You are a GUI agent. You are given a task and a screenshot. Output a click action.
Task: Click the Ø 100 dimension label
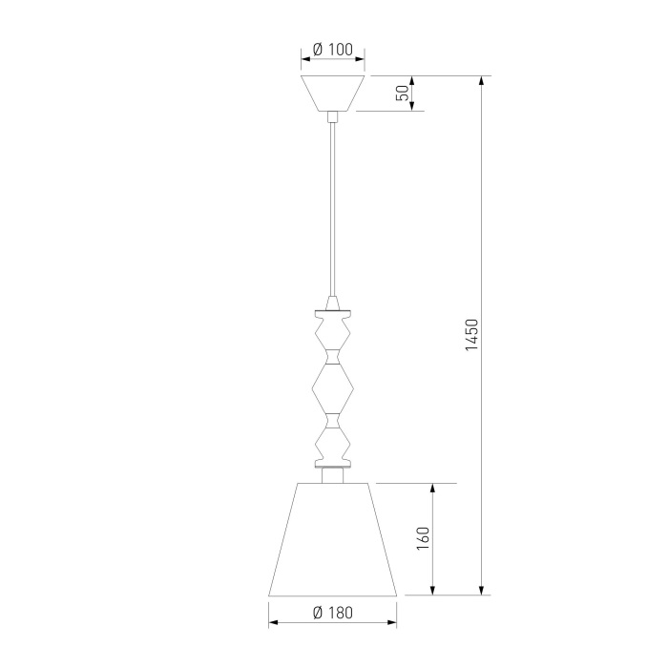click(x=333, y=48)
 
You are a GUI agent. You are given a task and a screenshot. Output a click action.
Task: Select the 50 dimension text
click(x=403, y=93)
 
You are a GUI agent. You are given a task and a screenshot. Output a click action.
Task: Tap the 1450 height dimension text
click(x=470, y=335)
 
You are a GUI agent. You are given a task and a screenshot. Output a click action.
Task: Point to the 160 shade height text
click(x=424, y=538)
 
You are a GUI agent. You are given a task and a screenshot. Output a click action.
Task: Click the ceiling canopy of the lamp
click(x=333, y=94)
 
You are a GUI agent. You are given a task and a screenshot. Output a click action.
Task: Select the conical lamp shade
click(x=333, y=539)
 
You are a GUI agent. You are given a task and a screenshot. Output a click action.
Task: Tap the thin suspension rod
click(x=333, y=210)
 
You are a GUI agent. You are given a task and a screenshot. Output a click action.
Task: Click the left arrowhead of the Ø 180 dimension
click(x=273, y=624)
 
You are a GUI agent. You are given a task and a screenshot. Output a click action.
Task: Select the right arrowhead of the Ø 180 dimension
click(x=392, y=624)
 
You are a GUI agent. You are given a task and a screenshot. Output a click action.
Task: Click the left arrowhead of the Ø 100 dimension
click(x=305, y=59)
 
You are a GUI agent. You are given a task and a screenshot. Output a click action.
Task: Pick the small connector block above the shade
click(x=333, y=475)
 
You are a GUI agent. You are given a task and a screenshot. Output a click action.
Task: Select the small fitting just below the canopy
click(x=333, y=117)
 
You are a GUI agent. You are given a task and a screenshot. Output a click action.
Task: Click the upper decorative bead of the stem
click(x=333, y=333)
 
